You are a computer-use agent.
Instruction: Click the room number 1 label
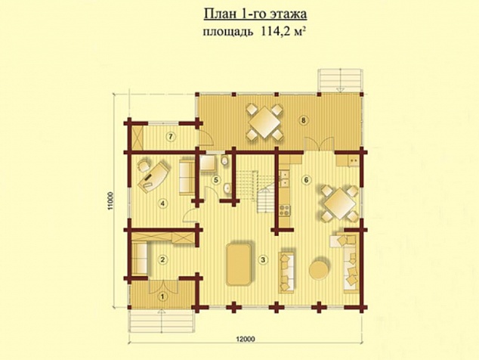[x=162, y=296]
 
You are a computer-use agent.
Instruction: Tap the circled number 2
[x=162, y=259]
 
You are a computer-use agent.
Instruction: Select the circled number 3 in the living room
[x=262, y=260]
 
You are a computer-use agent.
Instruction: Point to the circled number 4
[x=162, y=203]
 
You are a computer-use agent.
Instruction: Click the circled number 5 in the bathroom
[x=216, y=180]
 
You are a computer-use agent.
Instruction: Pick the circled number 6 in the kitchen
[x=306, y=180]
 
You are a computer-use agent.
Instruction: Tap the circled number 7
[x=171, y=137]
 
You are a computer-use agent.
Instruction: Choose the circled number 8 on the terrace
[x=303, y=120]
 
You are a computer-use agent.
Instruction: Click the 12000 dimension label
[x=246, y=339]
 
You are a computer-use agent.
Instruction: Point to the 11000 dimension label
[x=110, y=201]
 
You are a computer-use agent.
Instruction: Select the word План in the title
[x=218, y=14]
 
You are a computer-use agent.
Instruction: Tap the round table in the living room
[x=320, y=269]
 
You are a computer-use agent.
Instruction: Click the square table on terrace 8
[x=264, y=123]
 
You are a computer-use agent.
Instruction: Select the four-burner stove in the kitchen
[x=285, y=210]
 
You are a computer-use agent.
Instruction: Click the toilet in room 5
[x=224, y=160]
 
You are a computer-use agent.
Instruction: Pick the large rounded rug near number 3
[x=239, y=264]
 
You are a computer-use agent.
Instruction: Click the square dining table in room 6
[x=340, y=203]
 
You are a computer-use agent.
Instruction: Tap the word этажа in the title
[x=289, y=14]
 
